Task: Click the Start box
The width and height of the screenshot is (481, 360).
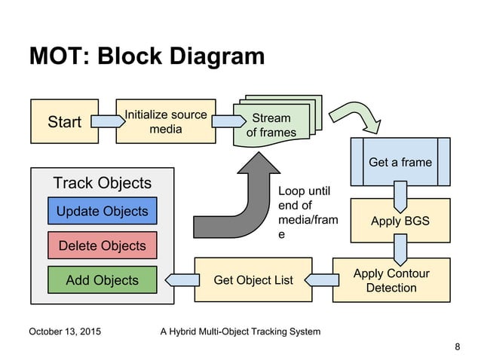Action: [64, 122]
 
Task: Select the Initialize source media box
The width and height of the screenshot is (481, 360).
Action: [165, 121]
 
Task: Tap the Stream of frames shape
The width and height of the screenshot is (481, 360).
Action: [271, 125]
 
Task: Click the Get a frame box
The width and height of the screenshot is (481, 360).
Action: [400, 162]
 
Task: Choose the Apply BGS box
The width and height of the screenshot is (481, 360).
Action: [400, 221]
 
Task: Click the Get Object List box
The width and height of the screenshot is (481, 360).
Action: [253, 280]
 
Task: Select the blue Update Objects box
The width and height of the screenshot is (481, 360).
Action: [103, 211]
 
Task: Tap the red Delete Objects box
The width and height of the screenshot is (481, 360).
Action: [103, 246]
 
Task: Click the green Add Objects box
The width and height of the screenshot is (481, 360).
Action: [103, 280]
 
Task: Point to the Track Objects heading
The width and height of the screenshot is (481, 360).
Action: [103, 183]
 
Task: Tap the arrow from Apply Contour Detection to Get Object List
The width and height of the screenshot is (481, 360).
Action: [322, 280]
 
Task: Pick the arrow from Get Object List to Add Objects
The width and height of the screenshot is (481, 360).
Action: [179, 280]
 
